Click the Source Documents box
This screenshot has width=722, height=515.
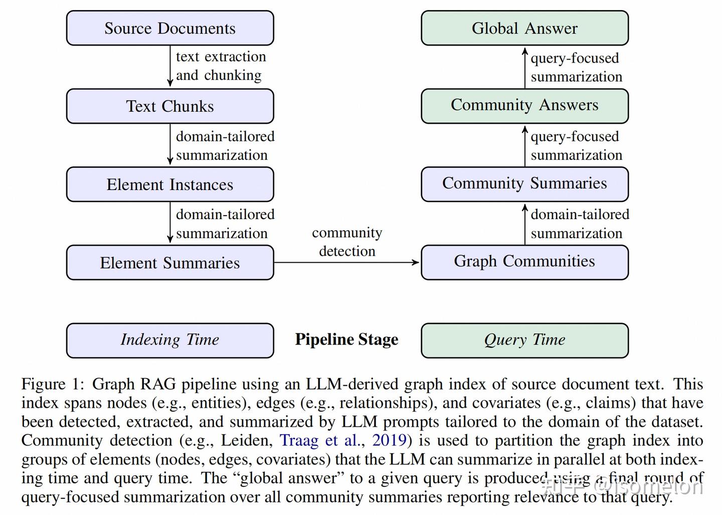point(170,28)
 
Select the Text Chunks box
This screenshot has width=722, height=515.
point(170,106)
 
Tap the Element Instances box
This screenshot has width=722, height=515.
point(170,185)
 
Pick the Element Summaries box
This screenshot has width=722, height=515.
point(170,263)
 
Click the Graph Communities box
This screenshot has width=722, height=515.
point(524,262)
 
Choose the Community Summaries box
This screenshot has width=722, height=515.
point(524,184)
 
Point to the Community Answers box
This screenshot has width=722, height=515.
point(524,105)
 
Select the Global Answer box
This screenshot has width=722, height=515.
point(524,28)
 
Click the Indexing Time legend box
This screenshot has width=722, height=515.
point(170,340)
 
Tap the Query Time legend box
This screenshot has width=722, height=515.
point(524,340)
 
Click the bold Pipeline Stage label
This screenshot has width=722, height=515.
point(346,339)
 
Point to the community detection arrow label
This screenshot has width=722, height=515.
point(347,242)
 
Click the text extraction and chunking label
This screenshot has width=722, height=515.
point(221,66)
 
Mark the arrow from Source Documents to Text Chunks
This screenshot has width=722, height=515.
point(170,67)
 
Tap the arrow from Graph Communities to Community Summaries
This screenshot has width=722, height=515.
point(525,224)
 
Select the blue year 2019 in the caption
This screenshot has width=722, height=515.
point(389,440)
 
